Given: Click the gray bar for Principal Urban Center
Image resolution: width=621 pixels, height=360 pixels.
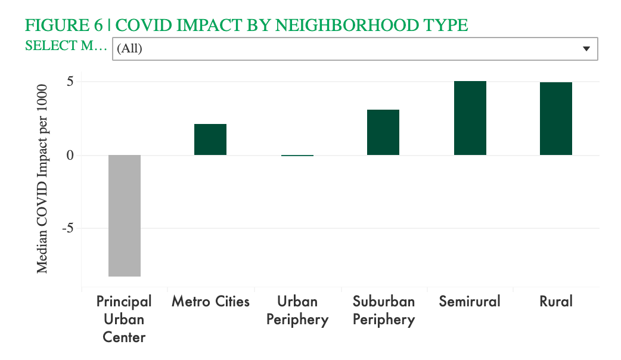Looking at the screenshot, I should (x=125, y=215).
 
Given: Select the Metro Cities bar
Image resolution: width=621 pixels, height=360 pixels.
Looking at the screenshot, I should (x=210, y=139).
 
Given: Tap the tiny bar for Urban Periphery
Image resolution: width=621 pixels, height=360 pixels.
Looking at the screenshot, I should (x=297, y=155).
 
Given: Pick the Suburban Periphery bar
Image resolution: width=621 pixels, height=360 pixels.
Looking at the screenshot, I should (x=383, y=132).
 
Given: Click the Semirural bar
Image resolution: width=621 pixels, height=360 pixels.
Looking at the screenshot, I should (x=470, y=118).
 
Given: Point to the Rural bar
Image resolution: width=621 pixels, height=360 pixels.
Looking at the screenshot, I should (x=555, y=119).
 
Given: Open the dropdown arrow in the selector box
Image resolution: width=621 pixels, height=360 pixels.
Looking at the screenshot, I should (x=586, y=49).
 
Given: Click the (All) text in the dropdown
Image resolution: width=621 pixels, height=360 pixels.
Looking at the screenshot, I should (x=129, y=49).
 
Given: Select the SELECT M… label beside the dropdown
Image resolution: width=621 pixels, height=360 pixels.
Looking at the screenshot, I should (x=66, y=45).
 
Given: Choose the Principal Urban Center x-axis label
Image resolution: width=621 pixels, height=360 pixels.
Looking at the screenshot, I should (x=124, y=319).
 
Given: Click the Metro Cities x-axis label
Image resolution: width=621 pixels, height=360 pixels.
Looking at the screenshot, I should (x=210, y=302).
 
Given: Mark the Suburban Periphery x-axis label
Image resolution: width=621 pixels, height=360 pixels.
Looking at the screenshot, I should (x=383, y=310).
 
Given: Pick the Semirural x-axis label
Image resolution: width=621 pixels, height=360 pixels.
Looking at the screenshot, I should (x=470, y=302).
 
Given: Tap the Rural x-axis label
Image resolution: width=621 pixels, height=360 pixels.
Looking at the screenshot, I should (x=555, y=302).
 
